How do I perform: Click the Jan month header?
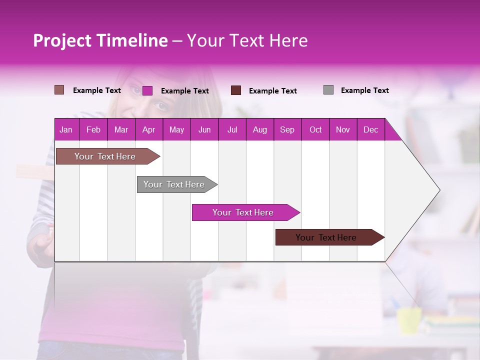pos(66,129)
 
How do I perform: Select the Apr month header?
pos(149,129)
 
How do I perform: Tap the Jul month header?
pos(232,129)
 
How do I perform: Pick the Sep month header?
pos(287,129)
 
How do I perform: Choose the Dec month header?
pos(370,129)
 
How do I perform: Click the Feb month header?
pos(93,129)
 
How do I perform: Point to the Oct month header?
pos(315,129)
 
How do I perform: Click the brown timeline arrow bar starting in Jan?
pos(105,156)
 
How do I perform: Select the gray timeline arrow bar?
pos(174,184)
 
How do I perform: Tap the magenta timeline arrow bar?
pos(243,212)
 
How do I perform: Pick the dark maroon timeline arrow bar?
pos(326,237)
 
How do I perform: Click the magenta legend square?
pos(147,90)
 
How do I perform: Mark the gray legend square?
pos(328,90)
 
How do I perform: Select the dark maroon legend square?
pos(236,90)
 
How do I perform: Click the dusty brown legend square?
pos(59,90)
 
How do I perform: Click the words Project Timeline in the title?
pos(100,40)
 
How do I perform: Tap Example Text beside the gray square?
pos(364,90)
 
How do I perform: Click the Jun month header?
pos(204,129)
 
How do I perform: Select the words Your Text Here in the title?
pos(247,40)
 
